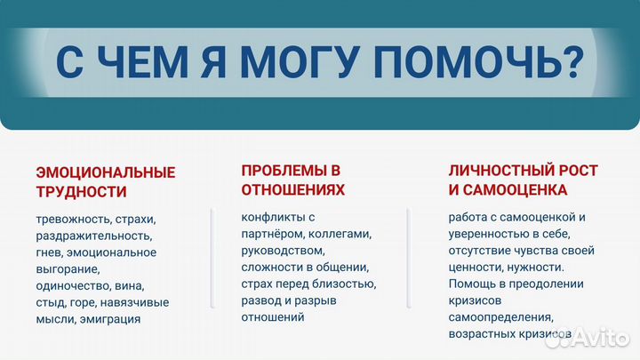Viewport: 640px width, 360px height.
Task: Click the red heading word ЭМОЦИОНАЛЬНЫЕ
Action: [x=106, y=172]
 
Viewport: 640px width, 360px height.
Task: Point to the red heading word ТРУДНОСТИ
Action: [x=81, y=191]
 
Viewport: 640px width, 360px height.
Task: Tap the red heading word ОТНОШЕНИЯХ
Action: [x=292, y=189]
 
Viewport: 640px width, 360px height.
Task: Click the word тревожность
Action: [x=73, y=220]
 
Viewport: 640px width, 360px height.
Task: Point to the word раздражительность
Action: [x=93, y=236]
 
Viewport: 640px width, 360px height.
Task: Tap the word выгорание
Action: [x=68, y=269]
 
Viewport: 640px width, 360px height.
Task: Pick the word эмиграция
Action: [x=109, y=319]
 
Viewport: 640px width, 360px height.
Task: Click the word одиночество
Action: [x=74, y=286]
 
